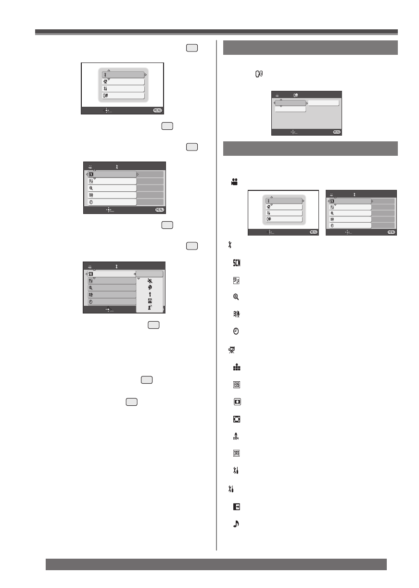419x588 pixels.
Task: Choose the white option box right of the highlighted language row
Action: (x=323, y=103)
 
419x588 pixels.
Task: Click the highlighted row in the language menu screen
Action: (x=290, y=103)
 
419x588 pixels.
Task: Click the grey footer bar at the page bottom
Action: (x=216, y=564)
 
